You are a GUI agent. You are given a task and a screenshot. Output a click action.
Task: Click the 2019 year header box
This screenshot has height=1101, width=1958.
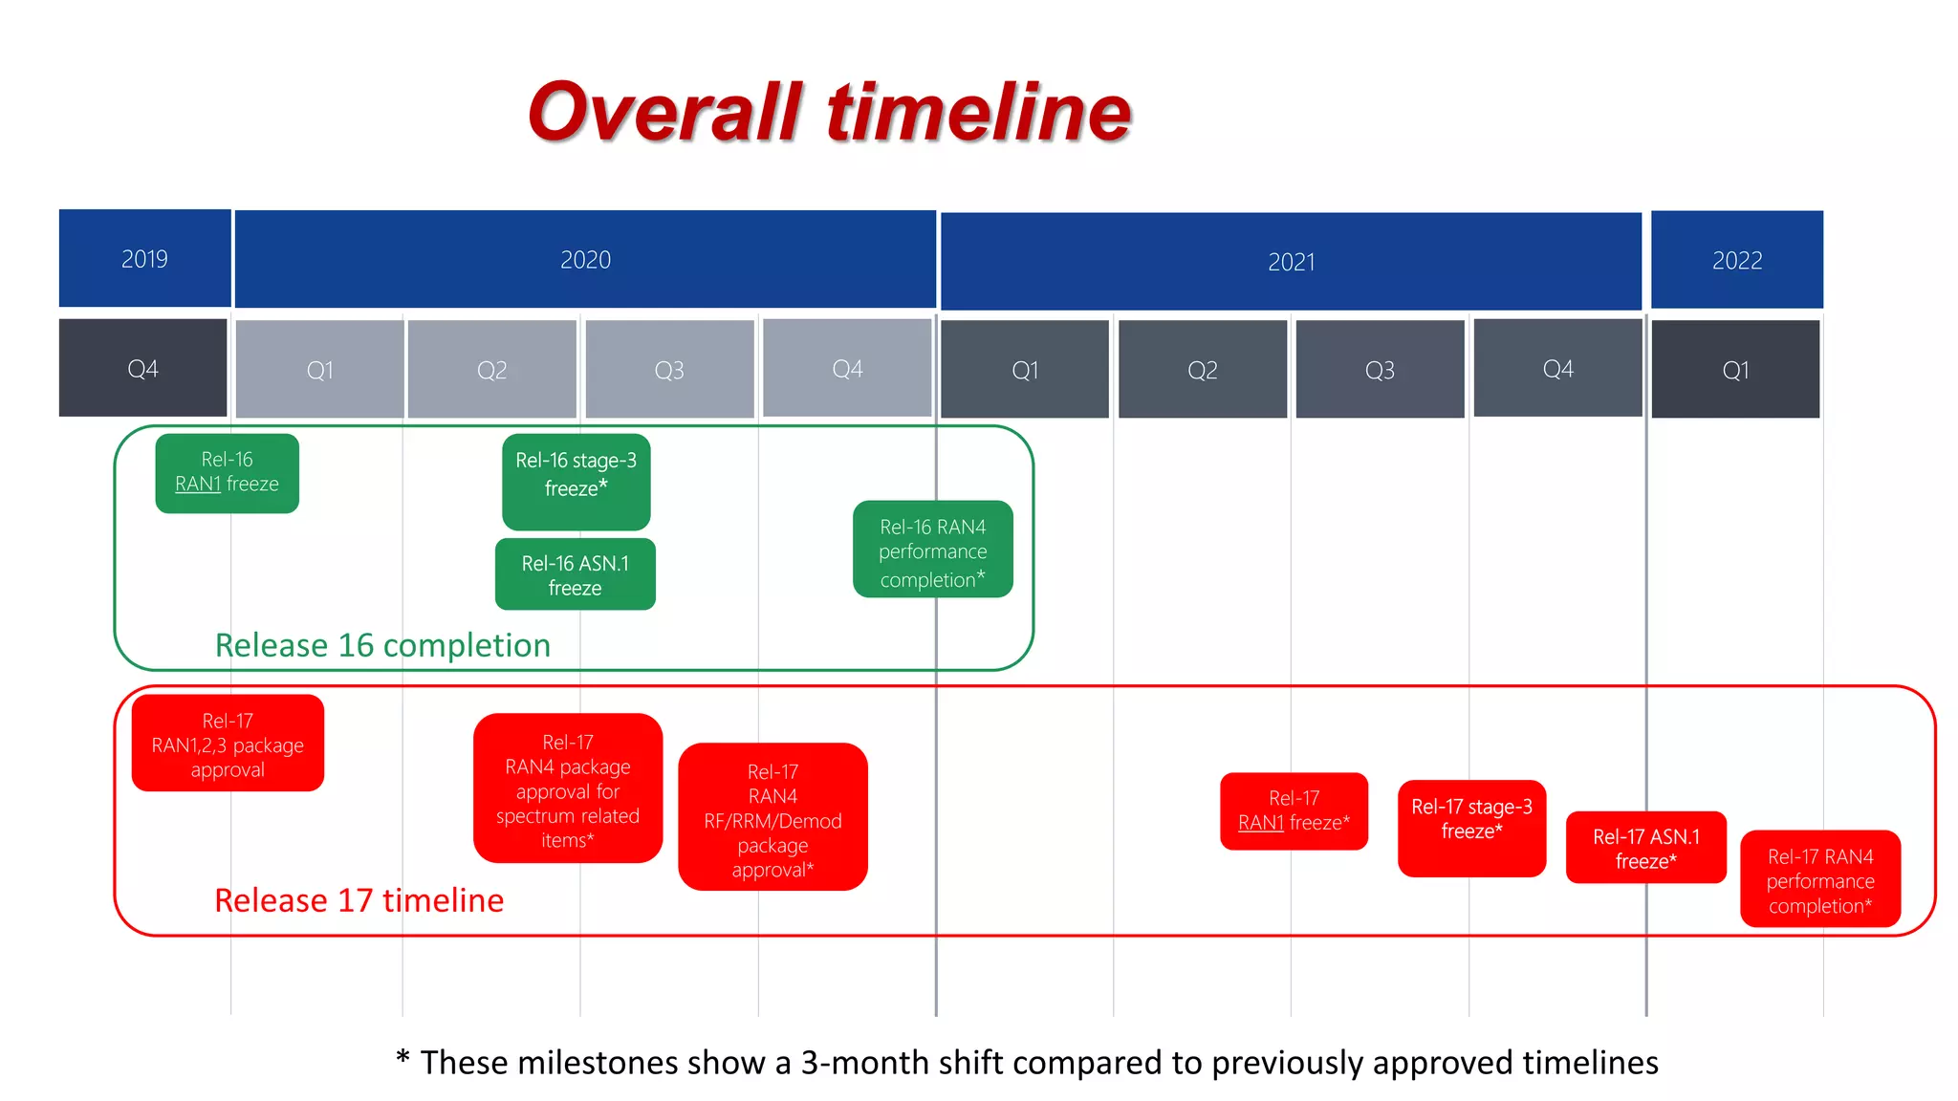[144, 258]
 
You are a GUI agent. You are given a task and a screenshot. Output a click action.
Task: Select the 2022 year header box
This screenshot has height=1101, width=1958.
[1736, 260]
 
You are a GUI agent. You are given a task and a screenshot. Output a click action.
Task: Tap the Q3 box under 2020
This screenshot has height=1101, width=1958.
[669, 369]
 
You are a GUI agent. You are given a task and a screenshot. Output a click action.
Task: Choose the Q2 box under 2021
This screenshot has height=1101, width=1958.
[1202, 369]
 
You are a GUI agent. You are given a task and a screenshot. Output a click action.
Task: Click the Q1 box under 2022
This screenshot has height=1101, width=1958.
[1735, 369]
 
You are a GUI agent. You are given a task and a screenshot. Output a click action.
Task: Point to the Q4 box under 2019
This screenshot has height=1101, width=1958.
[142, 368]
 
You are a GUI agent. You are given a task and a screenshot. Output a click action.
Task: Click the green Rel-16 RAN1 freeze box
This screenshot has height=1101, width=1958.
[227, 473]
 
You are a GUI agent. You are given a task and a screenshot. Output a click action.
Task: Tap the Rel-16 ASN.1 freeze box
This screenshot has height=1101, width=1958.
[575, 574]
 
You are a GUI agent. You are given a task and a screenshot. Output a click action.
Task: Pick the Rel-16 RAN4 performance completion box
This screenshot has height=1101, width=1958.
[932, 550]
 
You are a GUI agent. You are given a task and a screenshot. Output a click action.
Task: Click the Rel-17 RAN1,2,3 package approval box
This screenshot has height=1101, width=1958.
[228, 744]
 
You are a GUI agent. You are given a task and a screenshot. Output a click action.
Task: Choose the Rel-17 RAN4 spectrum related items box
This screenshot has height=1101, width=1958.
[567, 788]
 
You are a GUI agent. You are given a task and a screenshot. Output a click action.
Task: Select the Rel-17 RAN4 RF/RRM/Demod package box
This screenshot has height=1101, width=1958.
[772, 817]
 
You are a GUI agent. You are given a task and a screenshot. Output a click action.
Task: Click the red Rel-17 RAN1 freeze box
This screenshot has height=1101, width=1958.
[1294, 810]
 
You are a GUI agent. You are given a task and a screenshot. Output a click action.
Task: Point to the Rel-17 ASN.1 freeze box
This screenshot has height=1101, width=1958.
[1645, 847]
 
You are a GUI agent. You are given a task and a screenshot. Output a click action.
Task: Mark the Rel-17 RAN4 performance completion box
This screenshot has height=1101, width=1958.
[1819, 879]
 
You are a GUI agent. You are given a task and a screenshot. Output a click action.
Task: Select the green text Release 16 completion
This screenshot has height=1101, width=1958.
[382, 645]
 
